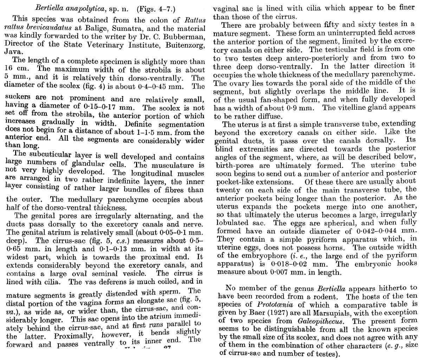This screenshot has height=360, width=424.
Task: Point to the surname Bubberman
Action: [186, 37]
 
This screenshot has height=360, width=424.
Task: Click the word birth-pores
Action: [232, 165]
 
